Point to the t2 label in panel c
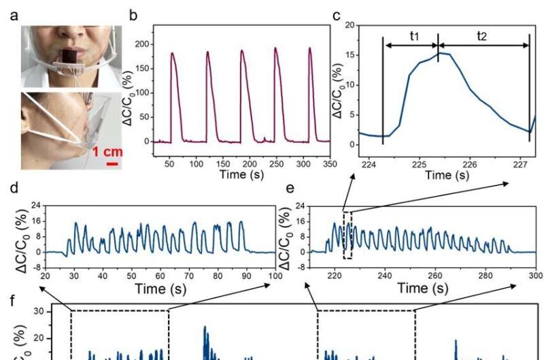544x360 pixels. click(482, 36)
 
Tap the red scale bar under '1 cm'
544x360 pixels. click(113, 163)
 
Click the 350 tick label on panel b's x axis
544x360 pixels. click(330, 165)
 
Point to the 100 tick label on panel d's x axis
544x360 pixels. click(275, 276)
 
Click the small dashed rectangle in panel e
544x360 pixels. click(348, 235)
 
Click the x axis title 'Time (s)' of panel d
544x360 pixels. click(160, 288)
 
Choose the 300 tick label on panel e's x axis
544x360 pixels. click(535, 276)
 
